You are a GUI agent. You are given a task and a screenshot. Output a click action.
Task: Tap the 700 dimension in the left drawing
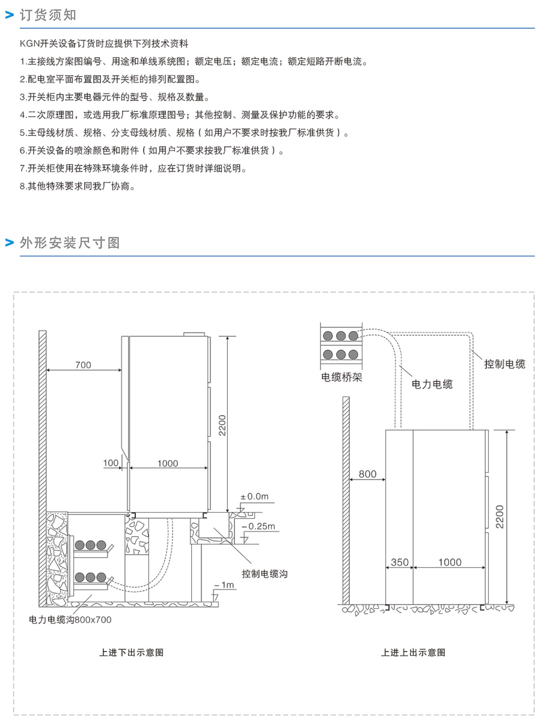pyautogui.click(x=84, y=365)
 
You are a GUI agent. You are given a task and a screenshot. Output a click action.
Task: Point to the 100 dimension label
pyautogui.click(x=111, y=463)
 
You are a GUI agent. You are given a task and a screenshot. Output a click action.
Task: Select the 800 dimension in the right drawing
pyautogui.click(x=367, y=474)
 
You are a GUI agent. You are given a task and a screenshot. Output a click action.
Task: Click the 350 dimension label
pyautogui.click(x=399, y=563)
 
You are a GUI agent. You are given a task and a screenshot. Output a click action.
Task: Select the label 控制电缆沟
pyautogui.click(x=264, y=574)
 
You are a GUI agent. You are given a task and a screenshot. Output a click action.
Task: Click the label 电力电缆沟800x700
pyautogui.click(x=70, y=619)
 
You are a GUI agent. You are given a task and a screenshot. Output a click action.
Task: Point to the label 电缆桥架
pyautogui.click(x=342, y=378)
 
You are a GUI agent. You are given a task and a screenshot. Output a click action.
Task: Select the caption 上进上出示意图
pyautogui.click(x=413, y=652)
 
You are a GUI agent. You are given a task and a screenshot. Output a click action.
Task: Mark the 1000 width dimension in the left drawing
pyautogui.click(x=167, y=463)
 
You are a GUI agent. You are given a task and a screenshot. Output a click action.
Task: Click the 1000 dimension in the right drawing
pyautogui.click(x=450, y=563)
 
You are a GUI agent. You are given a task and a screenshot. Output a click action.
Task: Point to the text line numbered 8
pyautogui.click(x=77, y=187)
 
